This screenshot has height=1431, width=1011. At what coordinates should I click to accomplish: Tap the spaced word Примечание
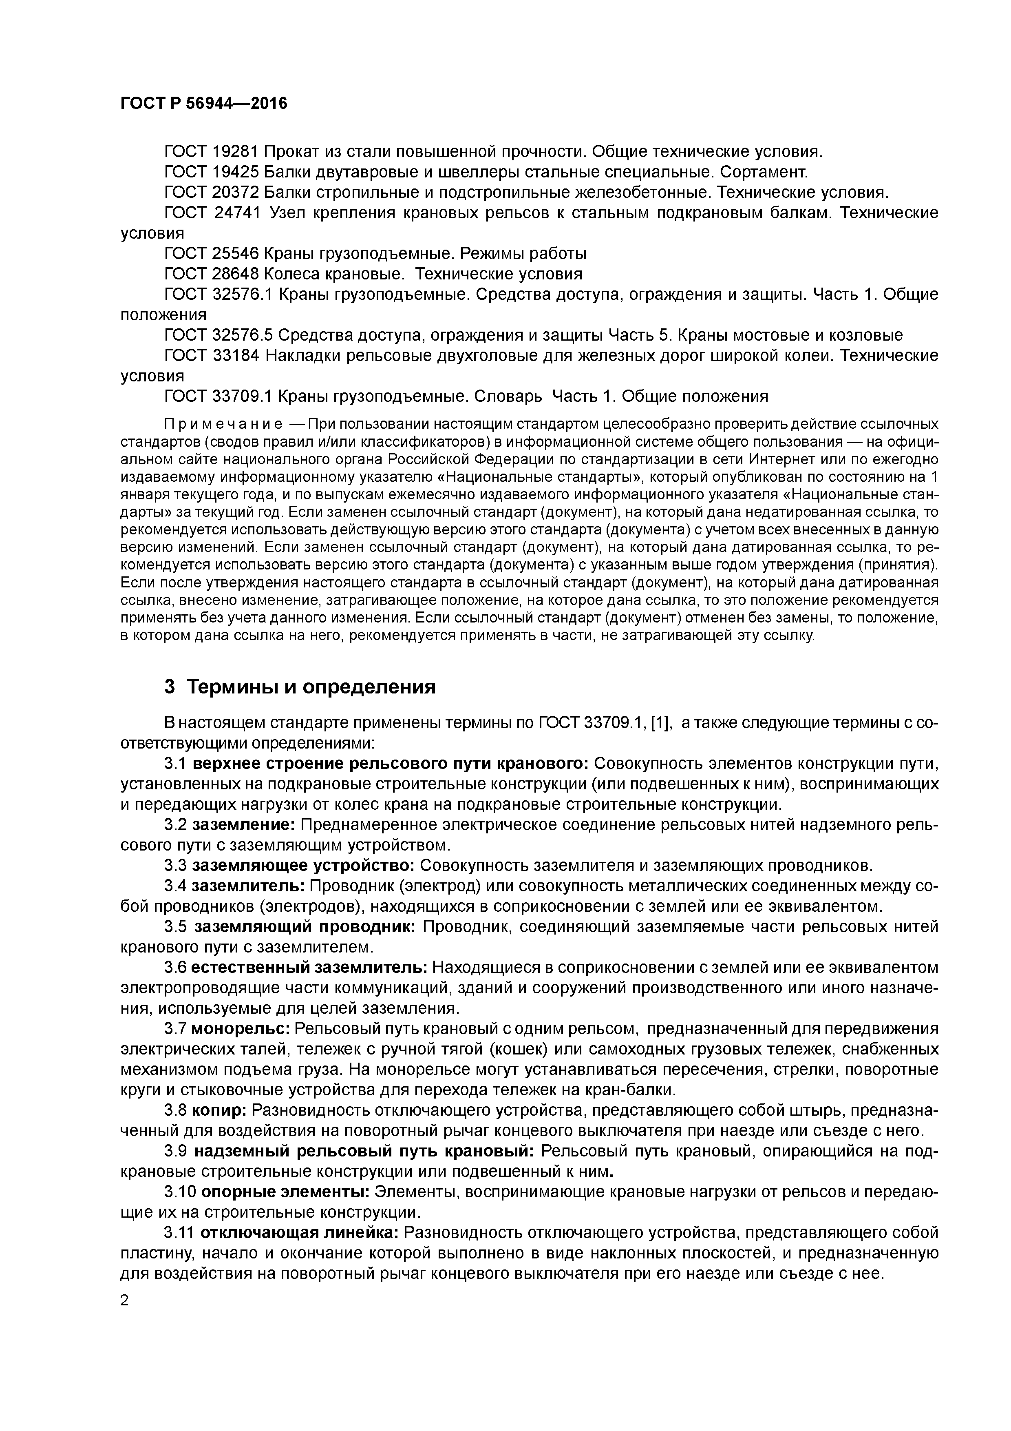(223, 424)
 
